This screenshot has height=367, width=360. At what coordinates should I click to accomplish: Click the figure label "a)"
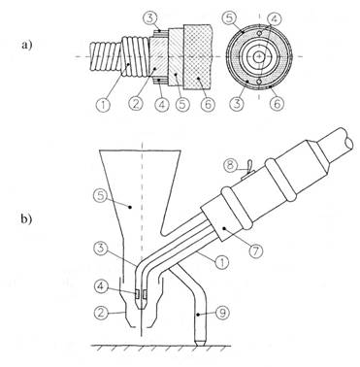click(x=27, y=45)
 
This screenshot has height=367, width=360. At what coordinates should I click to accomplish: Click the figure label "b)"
click(x=27, y=219)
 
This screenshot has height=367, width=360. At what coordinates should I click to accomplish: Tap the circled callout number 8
click(x=230, y=166)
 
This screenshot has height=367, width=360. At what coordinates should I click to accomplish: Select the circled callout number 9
click(x=223, y=313)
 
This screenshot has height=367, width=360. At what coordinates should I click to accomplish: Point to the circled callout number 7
click(x=256, y=250)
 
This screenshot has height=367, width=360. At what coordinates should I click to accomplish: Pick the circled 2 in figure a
click(x=135, y=104)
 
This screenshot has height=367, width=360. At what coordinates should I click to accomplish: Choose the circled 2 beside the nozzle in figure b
click(x=101, y=313)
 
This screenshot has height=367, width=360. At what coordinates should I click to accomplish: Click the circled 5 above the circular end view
click(x=229, y=18)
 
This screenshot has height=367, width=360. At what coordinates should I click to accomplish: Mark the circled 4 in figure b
click(x=101, y=286)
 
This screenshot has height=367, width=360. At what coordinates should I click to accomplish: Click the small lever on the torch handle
click(x=248, y=169)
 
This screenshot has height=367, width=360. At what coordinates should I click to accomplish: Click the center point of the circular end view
click(x=258, y=57)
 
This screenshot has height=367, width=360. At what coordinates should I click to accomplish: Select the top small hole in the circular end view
click(x=259, y=33)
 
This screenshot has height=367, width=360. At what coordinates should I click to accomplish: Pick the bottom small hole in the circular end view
click(x=259, y=82)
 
